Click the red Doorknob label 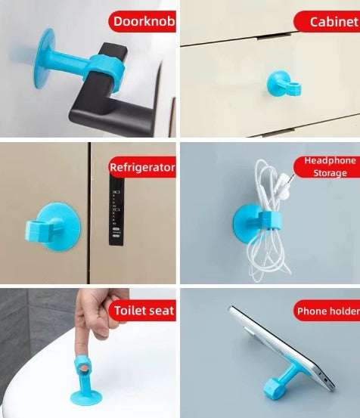click(143, 21)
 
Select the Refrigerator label click(142, 167)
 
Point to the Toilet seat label click(143, 310)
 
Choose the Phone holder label click(326, 311)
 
